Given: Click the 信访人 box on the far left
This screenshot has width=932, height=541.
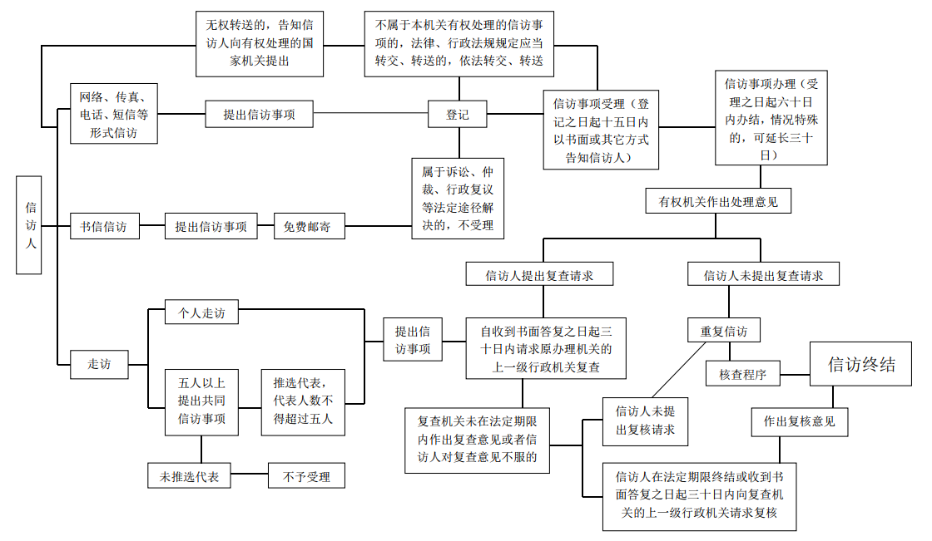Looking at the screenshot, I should tap(31, 224).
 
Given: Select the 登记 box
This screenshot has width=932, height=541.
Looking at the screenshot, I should tap(457, 114).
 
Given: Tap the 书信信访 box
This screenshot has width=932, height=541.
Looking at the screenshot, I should tap(103, 226).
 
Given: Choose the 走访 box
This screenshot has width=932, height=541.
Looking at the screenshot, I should tap(99, 363).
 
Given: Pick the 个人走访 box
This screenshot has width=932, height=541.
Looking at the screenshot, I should tap(201, 313).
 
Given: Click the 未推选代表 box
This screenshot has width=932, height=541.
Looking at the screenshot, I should tap(189, 476).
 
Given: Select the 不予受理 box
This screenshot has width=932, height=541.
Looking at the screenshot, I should tap(306, 476).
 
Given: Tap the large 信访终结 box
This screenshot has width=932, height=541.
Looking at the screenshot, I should tap(860, 366).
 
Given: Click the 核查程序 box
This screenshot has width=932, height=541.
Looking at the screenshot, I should tap(743, 375).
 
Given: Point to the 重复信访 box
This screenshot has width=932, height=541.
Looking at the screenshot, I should tap(723, 331).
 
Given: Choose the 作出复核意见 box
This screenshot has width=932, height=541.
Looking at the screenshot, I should tap(799, 421).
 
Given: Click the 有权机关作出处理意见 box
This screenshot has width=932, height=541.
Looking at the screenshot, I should tap(718, 201).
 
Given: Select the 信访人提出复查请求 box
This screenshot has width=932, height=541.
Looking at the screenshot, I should tap(539, 275).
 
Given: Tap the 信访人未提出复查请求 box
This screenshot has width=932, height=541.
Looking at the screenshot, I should tap(763, 275).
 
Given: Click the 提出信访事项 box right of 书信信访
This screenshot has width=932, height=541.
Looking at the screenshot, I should tap(211, 226).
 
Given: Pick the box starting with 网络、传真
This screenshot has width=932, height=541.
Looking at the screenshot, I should tap(113, 113).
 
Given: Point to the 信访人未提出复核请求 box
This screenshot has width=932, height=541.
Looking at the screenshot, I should tap(645, 421).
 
